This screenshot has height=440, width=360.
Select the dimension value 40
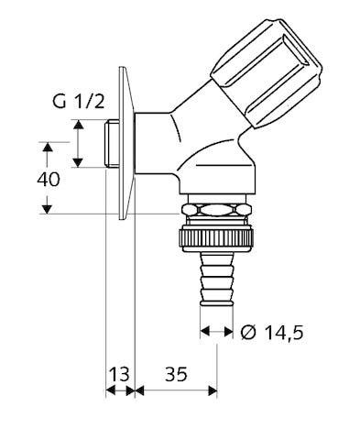(x=49, y=179)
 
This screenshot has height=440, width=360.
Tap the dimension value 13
(x=118, y=373)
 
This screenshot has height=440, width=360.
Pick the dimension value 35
(x=177, y=373)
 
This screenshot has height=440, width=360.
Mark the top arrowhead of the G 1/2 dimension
(x=79, y=123)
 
